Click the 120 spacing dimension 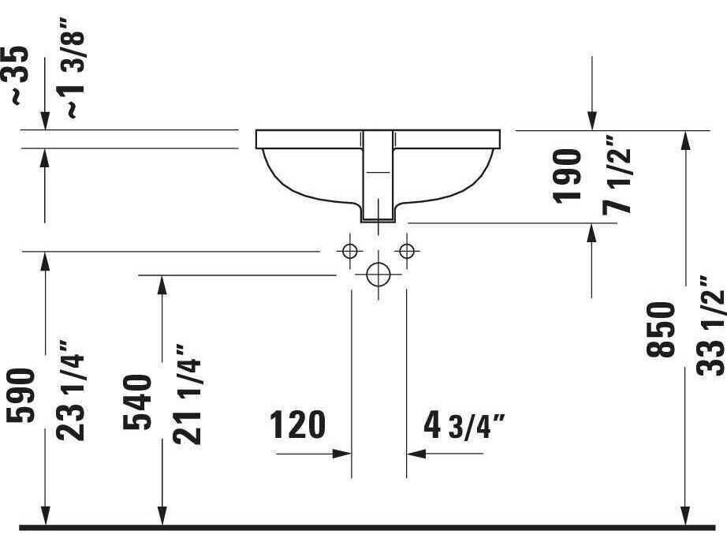298,425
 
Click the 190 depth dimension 569,176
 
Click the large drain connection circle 378,275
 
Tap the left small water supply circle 349,252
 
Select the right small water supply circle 406,252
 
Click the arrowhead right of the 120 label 342,454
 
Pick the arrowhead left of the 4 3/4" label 415,454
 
